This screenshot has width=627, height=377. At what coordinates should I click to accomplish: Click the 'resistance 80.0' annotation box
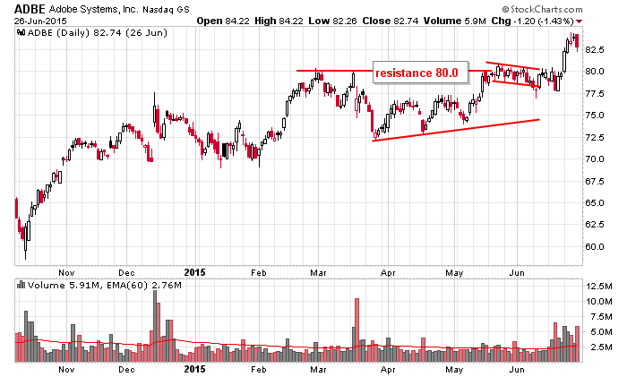416,72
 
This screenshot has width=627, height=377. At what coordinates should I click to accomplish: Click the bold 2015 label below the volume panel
195,369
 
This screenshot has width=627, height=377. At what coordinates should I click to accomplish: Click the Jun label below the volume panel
517,369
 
